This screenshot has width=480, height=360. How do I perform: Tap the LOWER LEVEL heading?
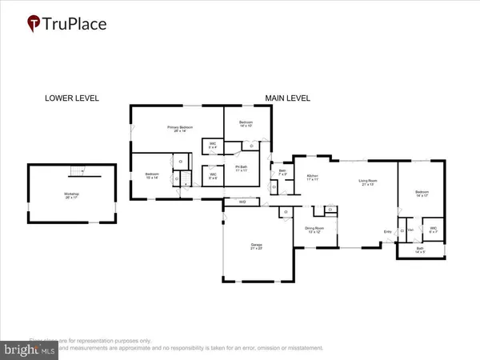[71, 98]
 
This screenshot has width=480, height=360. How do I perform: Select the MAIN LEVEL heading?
[288, 98]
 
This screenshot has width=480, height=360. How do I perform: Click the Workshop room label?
[72, 196]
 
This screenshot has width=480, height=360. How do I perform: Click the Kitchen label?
[313, 178]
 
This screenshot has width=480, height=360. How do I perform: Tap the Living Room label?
[368, 183]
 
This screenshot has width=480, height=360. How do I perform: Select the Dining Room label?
[315, 230]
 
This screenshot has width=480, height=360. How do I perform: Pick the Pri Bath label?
[242, 169]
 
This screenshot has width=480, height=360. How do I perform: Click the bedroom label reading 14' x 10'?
[245, 124]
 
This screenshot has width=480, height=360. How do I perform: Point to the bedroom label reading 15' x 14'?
[153, 176]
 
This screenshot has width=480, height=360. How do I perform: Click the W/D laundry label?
[242, 202]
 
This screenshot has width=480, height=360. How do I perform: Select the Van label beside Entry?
[410, 230]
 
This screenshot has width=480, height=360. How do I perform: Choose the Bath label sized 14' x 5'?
[421, 250]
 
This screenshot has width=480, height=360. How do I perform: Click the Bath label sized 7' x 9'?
[282, 172]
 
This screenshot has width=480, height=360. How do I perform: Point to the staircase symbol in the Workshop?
[78, 171]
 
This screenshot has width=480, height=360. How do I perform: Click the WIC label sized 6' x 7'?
[433, 230]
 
